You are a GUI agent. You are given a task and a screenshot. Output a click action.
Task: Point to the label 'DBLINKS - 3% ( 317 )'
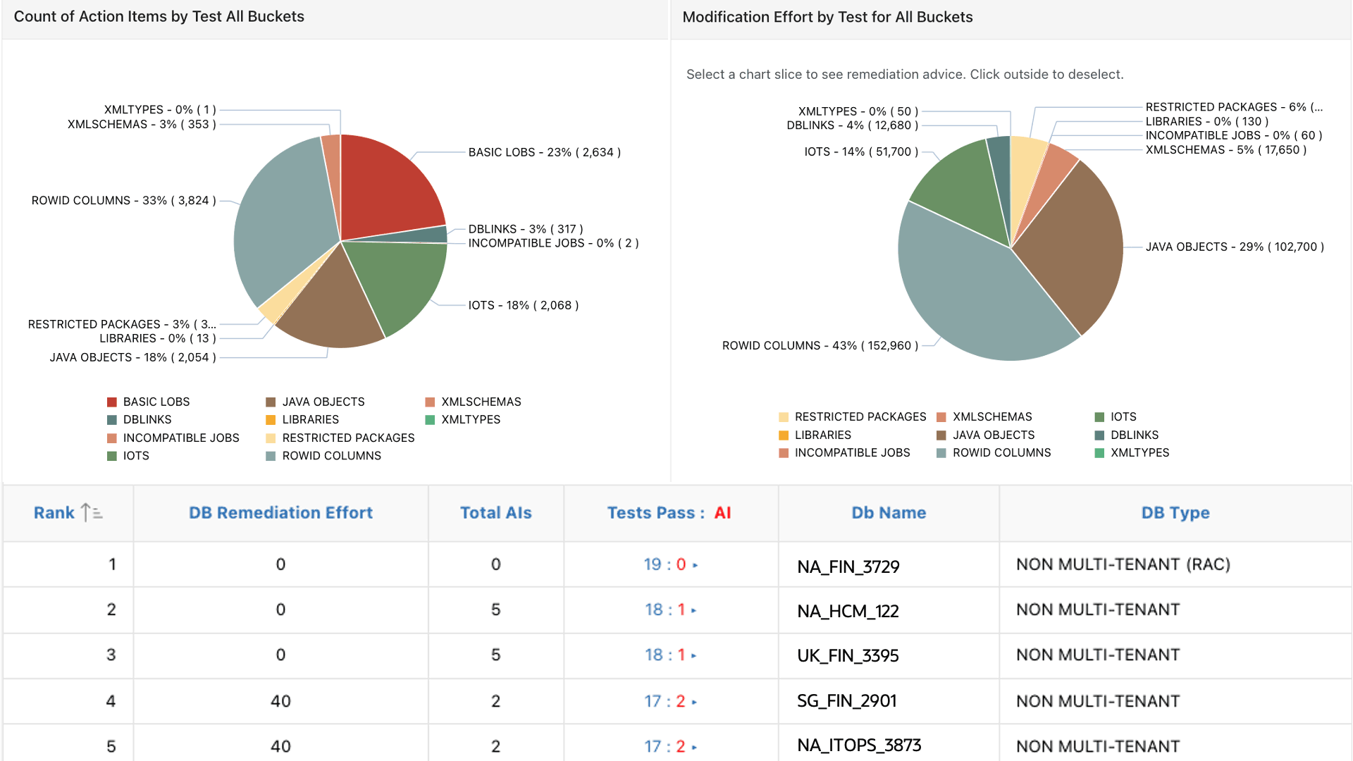tap(525, 229)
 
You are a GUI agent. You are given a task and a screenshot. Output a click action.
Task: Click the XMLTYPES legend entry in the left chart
tap(470, 420)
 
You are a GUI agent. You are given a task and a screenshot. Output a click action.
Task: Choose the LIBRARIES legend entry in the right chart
tap(822, 435)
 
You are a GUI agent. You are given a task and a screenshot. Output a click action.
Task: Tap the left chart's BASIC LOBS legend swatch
tap(111, 402)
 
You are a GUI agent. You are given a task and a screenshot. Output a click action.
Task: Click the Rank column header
tap(54, 513)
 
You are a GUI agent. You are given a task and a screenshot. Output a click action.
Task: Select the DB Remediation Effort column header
tap(280, 513)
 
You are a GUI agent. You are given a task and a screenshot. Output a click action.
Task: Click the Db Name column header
tap(888, 513)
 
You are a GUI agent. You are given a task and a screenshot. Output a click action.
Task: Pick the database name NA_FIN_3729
tap(848, 567)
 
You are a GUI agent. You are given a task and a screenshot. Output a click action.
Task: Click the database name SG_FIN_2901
tap(846, 701)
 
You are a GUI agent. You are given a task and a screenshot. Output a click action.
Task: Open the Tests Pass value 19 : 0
tap(665, 564)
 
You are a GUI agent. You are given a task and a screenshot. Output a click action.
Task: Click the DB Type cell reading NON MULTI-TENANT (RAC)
tap(1123, 564)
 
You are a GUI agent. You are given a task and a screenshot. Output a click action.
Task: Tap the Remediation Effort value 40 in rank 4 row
tap(280, 701)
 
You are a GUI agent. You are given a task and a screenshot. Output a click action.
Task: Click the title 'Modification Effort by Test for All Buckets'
tap(827, 17)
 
